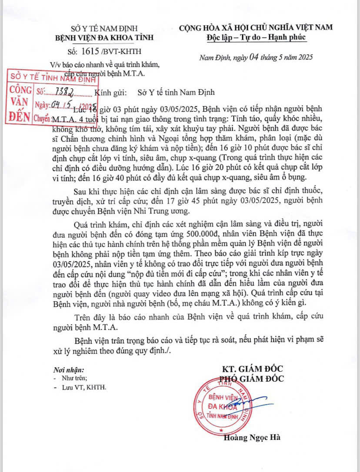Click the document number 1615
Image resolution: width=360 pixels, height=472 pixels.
click(90, 50)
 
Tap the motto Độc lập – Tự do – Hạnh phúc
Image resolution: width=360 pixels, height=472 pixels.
click(257, 37)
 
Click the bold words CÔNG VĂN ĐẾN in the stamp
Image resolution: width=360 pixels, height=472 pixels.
click(20, 105)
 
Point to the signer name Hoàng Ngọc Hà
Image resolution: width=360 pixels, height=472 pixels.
click(252, 438)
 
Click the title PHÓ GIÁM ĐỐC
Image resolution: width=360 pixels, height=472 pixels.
click(253, 379)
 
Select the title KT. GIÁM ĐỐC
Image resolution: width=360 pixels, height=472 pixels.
click(253, 369)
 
